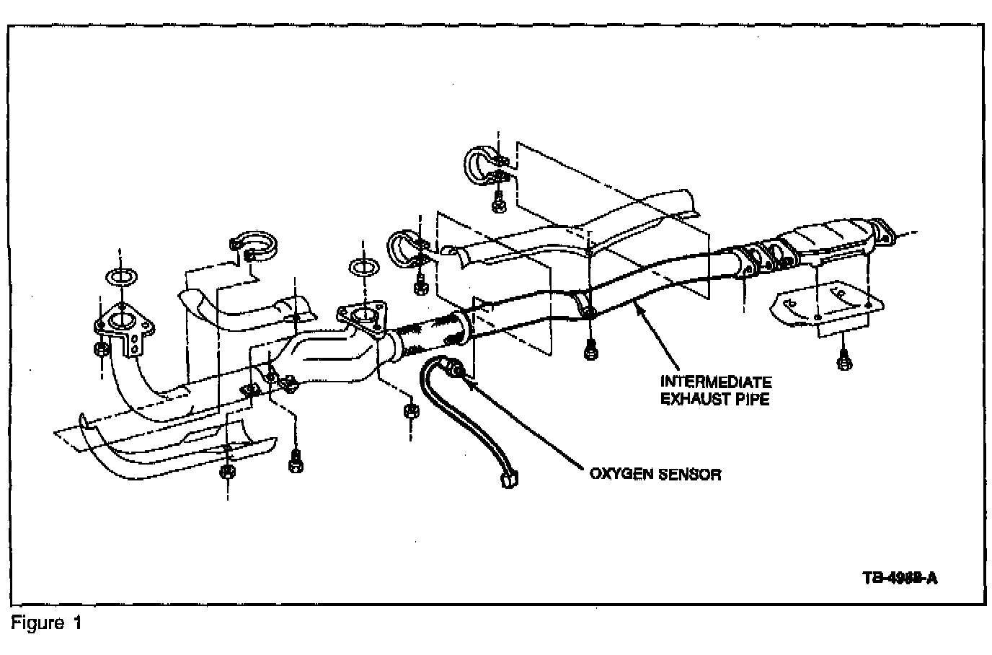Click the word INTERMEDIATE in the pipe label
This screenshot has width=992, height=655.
tap(716, 382)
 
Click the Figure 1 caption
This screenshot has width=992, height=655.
tap(46, 622)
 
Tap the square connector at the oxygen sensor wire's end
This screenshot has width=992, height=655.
tap(509, 479)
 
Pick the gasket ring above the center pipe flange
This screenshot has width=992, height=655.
tap(363, 267)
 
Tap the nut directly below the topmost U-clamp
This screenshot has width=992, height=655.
tap(498, 203)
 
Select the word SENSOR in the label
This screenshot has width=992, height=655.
tap(689, 474)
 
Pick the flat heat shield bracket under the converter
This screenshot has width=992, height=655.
tap(822, 306)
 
